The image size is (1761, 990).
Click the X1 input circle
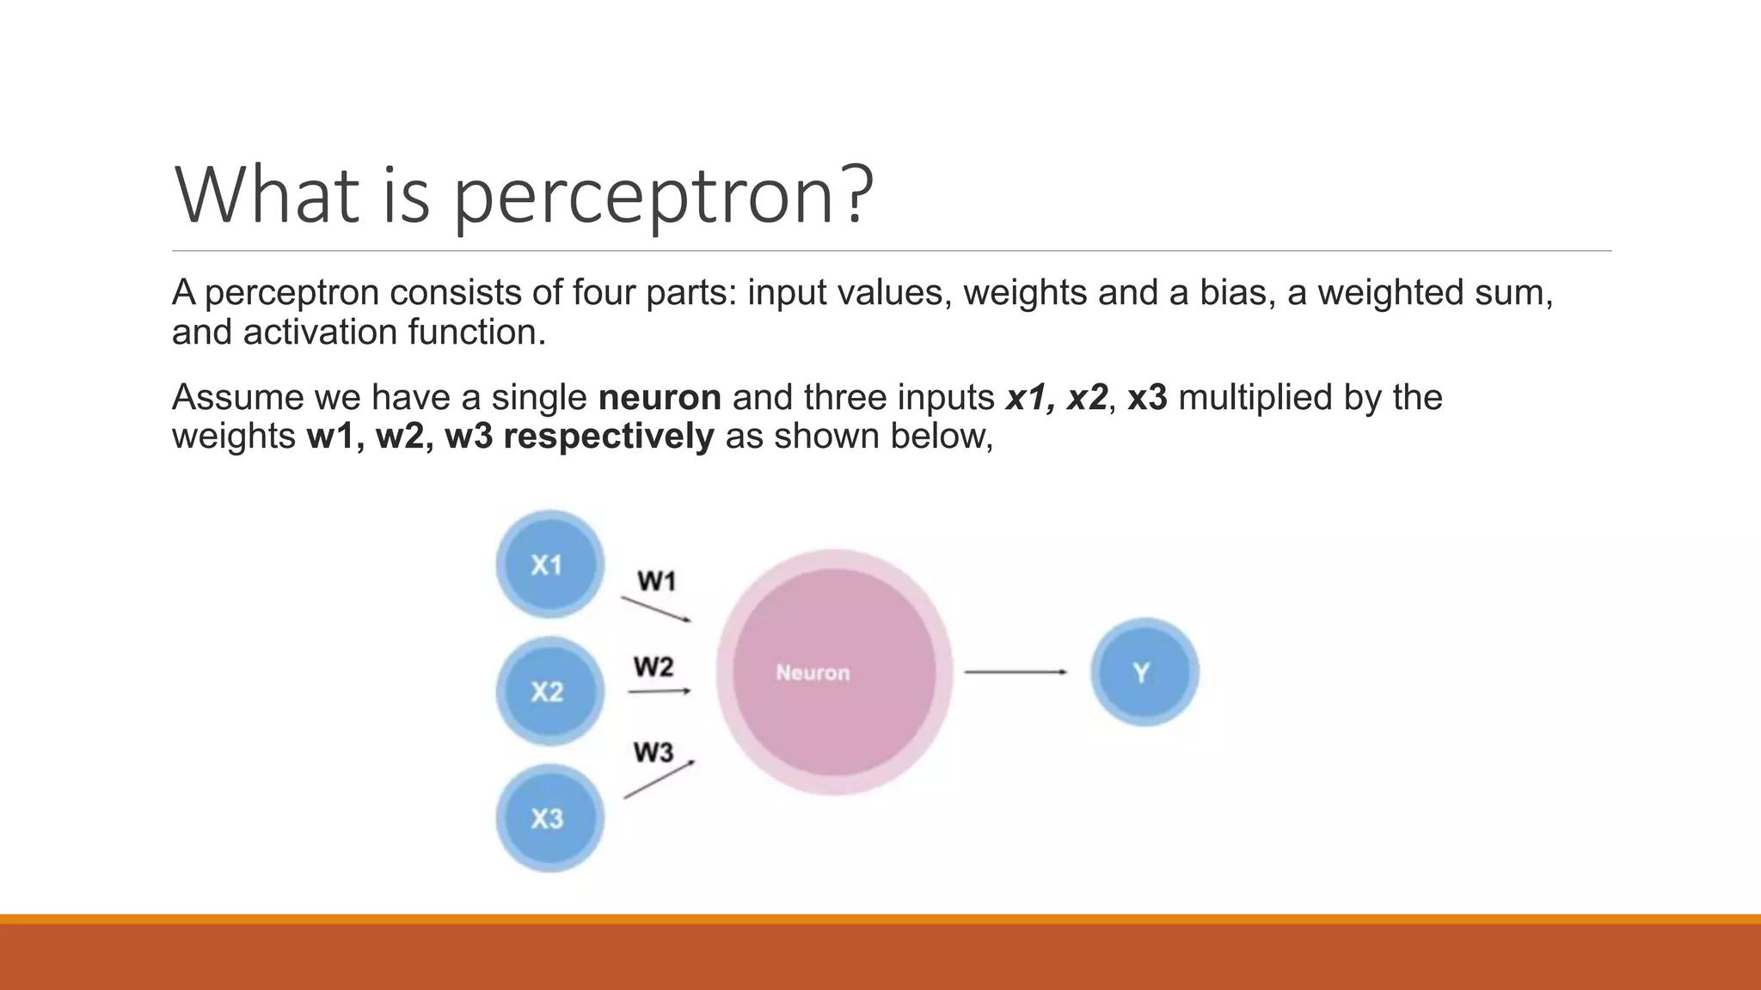[x=549, y=565]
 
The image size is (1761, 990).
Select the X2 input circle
[x=549, y=691]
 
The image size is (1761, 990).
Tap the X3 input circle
[x=549, y=818]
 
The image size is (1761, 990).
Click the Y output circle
[x=1144, y=672]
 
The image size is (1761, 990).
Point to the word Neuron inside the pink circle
[x=813, y=673]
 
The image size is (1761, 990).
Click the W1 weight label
[x=657, y=582]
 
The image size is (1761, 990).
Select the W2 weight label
[x=653, y=667]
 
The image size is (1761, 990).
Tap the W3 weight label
[x=653, y=753]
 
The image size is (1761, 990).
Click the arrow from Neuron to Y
[x=1015, y=672]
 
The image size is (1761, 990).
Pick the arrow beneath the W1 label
[x=656, y=608]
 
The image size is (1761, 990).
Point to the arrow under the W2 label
[x=660, y=691]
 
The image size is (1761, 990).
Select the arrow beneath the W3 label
[x=659, y=779]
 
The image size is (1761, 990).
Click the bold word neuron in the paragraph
[x=660, y=398]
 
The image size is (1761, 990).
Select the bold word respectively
[x=608, y=437]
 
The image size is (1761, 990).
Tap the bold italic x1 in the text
[x=1027, y=398]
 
